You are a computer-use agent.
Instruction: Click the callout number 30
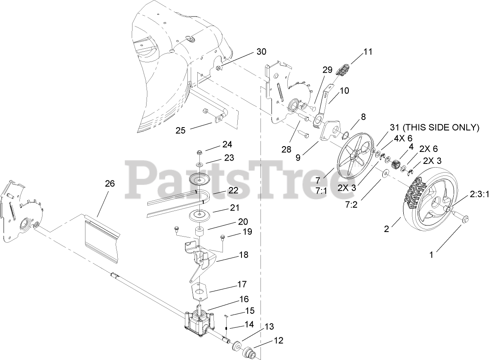pyautogui.click(x=261, y=52)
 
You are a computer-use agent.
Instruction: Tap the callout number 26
pyautogui.click(x=109, y=183)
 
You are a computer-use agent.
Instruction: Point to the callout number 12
pyautogui.click(x=278, y=341)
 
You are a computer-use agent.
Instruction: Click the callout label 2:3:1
pyautogui.click(x=479, y=193)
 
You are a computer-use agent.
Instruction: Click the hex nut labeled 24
pyautogui.click(x=199, y=153)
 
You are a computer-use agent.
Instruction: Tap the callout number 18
pyautogui.click(x=244, y=255)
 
